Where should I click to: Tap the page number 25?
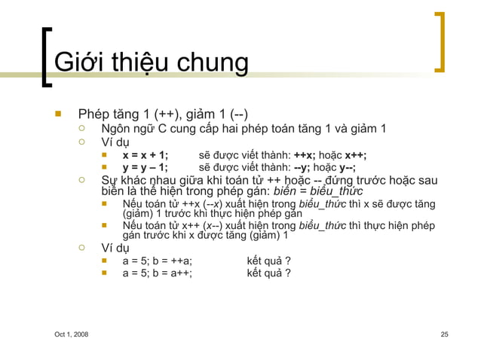444,334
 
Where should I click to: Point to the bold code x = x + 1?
146,156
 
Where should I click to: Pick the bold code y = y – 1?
146,168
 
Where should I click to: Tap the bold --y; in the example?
302,168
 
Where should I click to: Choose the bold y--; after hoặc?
351,168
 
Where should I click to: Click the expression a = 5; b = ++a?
157,261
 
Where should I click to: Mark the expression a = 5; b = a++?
157,273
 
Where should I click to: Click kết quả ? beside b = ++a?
269,261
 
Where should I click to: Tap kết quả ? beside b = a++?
269,273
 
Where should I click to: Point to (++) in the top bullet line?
165,114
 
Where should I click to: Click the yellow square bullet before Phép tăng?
56,115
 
